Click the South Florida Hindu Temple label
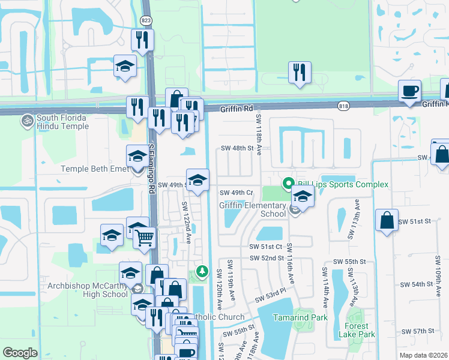(62, 122)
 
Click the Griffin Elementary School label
(252, 209)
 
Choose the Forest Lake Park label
(356, 330)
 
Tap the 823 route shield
(146, 20)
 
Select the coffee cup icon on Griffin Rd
(409, 91)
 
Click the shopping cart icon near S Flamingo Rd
(145, 238)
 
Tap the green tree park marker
(203, 272)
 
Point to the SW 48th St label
(234, 148)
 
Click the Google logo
(20, 353)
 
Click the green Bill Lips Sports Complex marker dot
(288, 184)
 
